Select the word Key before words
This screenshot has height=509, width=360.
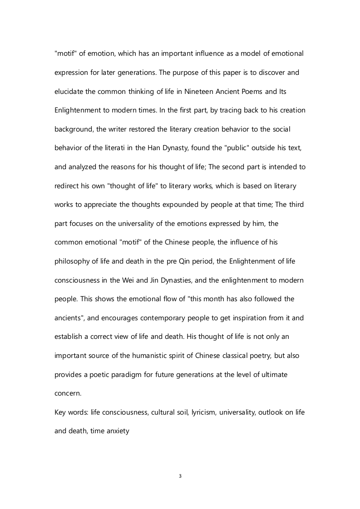point(60,412)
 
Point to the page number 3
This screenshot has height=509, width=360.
point(180,476)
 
